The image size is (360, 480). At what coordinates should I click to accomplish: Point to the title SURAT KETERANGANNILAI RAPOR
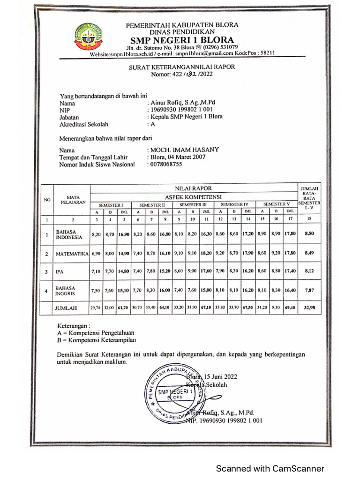click(182, 67)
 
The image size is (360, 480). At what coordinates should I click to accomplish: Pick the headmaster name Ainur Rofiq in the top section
click(183, 102)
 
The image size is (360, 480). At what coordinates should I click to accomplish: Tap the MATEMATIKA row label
click(72, 254)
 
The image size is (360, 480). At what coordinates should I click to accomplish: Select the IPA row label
click(60, 271)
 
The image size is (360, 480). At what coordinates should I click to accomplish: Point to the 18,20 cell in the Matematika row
click(206, 254)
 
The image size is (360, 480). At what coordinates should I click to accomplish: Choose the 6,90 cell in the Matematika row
click(96, 254)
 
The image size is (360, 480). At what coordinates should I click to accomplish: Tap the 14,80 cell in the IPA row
click(124, 271)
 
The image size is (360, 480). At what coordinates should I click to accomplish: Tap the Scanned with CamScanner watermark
click(270, 468)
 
